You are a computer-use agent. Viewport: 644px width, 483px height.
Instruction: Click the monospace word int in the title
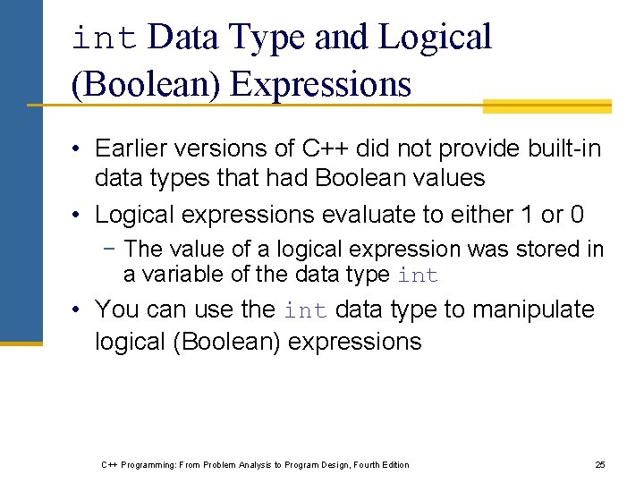[104, 38]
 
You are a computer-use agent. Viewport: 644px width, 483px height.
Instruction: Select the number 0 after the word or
[576, 215]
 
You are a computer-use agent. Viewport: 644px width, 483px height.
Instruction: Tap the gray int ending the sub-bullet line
[418, 275]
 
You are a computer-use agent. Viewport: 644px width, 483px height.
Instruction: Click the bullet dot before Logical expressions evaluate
[79, 215]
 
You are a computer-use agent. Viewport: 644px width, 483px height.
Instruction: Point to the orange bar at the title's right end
[547, 106]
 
